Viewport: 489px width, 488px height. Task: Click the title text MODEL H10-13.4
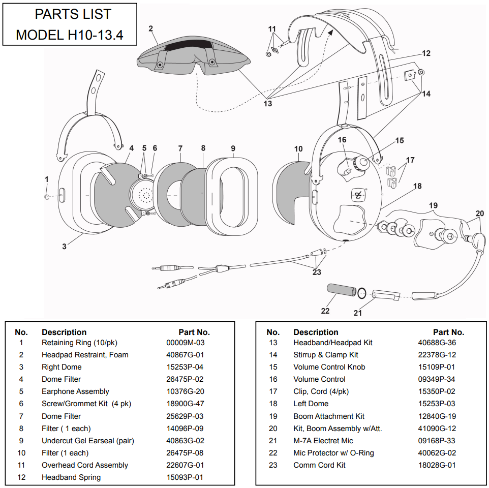pyautogui.click(x=69, y=35)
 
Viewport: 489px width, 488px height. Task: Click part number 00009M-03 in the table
pyautogui.click(x=185, y=343)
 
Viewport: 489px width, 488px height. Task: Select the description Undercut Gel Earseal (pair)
pyautogui.click(x=87, y=441)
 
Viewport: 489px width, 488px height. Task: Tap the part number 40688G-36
pyautogui.click(x=437, y=343)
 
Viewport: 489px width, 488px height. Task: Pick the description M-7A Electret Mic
pyautogui.click(x=323, y=441)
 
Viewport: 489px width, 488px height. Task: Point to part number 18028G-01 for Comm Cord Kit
pyautogui.click(x=437, y=465)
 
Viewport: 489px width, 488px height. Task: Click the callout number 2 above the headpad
pyautogui.click(x=151, y=28)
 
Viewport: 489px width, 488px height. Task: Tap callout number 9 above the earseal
pyautogui.click(x=233, y=148)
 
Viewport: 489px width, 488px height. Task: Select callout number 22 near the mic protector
pyautogui.click(x=325, y=311)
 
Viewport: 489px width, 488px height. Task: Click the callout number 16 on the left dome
pyautogui.click(x=342, y=140)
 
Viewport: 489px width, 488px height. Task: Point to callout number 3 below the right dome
pyautogui.click(x=64, y=247)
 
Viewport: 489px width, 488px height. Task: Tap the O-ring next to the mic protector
pyautogui.click(x=361, y=293)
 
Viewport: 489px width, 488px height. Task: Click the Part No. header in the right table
pyautogui.click(x=448, y=332)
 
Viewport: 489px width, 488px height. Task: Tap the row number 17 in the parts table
pyautogui.click(x=273, y=391)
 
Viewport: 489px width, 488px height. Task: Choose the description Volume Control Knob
pyautogui.click(x=329, y=367)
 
